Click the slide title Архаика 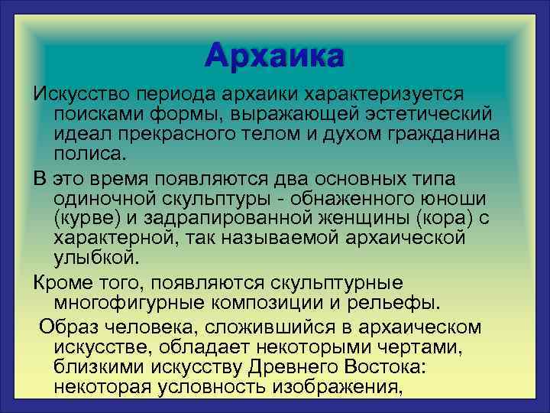click(274, 57)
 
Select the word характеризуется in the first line click(384, 93)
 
